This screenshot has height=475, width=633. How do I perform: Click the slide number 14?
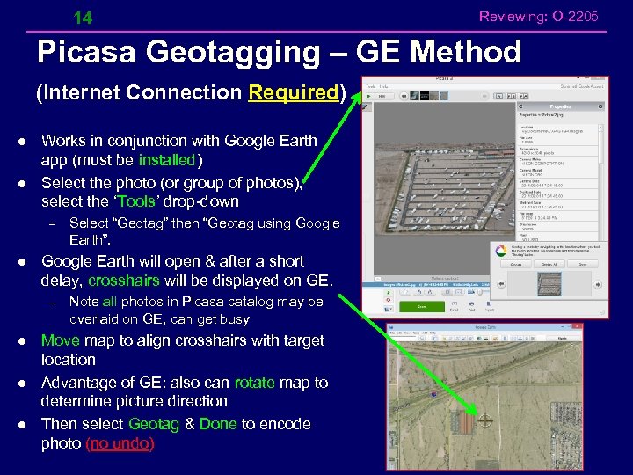tap(83, 18)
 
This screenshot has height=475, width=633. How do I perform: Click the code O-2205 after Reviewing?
tap(577, 16)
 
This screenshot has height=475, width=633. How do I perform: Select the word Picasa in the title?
tap(86, 53)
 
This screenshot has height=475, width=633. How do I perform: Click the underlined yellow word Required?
tap(294, 92)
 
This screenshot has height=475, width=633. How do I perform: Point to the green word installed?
tap(167, 160)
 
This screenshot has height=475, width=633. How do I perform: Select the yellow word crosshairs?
tap(123, 281)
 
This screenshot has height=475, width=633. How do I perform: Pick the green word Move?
tap(60, 340)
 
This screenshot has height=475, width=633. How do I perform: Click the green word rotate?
tap(254, 383)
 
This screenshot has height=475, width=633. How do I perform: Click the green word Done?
tap(218, 424)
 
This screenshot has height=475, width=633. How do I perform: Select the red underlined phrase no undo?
tap(120, 443)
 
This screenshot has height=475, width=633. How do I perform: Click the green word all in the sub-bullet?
tap(110, 302)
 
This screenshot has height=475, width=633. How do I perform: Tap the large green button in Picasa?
tap(422, 306)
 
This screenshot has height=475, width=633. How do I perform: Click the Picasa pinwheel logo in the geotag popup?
tap(500, 250)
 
